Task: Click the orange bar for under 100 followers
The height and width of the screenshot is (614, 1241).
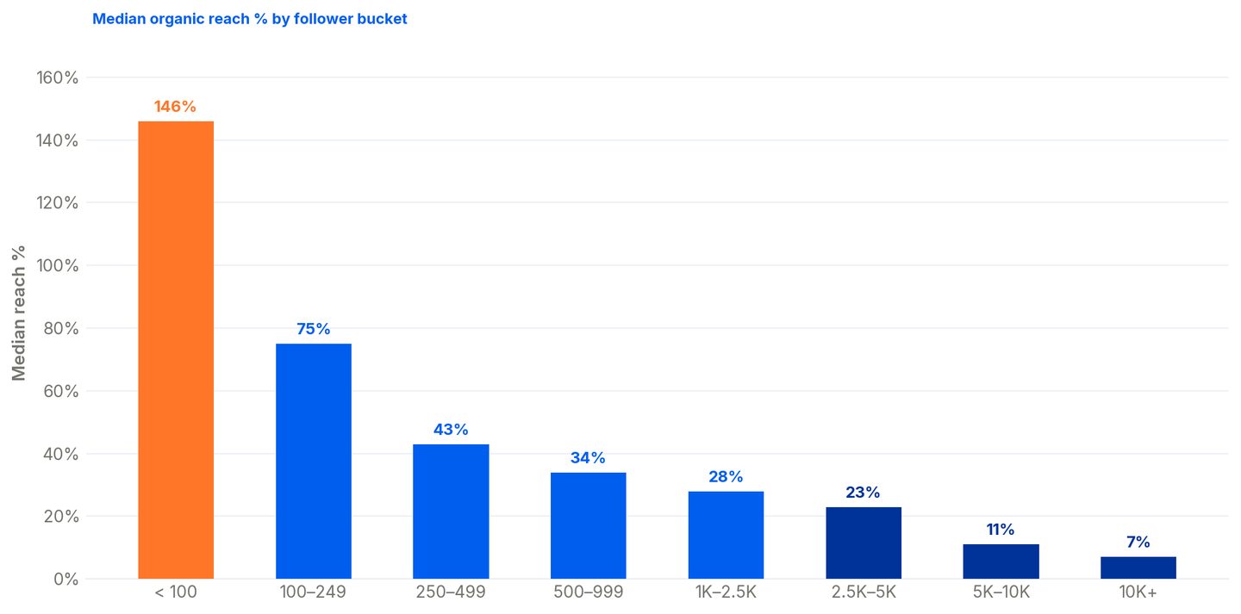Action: tap(176, 350)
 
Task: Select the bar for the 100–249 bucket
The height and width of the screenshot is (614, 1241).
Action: tap(314, 462)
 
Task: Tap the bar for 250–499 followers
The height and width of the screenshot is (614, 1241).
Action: tap(451, 512)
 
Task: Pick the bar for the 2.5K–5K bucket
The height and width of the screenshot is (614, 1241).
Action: tap(864, 543)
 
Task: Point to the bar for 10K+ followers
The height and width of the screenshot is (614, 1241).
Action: tap(1138, 568)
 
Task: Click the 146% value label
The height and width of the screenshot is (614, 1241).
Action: tap(175, 106)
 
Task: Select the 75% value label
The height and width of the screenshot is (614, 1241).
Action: tap(314, 329)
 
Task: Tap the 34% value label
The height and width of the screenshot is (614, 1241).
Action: tap(588, 458)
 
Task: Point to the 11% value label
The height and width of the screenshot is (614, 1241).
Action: tap(1001, 530)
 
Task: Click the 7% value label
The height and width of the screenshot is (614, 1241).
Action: tap(1138, 542)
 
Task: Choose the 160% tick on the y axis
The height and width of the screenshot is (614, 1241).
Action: tap(57, 78)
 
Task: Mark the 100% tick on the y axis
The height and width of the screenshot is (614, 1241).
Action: tap(57, 266)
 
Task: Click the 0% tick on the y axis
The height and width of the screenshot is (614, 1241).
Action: tap(65, 580)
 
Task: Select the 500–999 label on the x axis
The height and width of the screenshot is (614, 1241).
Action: tap(589, 592)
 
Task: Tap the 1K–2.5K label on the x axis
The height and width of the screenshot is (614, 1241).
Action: tap(726, 592)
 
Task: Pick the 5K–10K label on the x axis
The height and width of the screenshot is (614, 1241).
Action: tap(1001, 592)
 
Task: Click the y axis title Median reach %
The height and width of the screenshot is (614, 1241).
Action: tap(19, 313)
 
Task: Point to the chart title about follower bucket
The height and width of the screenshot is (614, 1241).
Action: tap(249, 19)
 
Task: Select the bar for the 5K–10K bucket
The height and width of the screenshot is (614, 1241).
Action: tap(1001, 562)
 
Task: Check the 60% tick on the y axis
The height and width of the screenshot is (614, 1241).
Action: tap(61, 392)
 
